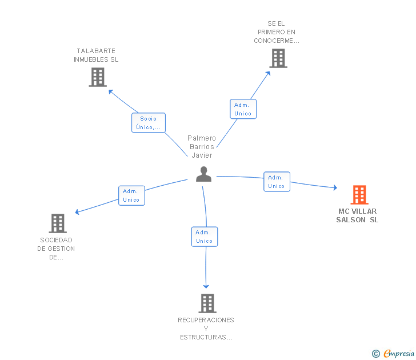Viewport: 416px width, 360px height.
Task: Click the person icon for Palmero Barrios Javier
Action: [203, 174]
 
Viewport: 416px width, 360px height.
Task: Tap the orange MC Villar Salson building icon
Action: [359, 195]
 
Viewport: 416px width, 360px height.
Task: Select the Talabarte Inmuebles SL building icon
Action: [98, 77]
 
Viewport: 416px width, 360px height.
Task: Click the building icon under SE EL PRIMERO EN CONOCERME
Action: [278, 58]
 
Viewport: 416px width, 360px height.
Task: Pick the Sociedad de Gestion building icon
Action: [57, 223]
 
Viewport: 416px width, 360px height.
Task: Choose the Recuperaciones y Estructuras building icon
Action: [207, 303]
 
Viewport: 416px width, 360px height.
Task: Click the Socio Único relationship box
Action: [149, 123]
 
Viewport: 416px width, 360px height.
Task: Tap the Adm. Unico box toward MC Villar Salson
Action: [277, 182]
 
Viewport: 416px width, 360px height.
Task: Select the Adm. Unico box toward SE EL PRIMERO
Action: [243, 109]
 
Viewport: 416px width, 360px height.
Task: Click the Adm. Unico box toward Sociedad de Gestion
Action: [131, 195]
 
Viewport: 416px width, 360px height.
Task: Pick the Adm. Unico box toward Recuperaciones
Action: [204, 237]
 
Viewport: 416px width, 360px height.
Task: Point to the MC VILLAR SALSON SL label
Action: [357, 215]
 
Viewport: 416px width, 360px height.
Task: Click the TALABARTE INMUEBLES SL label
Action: [96, 55]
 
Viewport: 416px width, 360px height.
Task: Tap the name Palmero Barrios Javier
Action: [202, 146]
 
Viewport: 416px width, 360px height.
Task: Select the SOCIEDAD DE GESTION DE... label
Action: [56, 249]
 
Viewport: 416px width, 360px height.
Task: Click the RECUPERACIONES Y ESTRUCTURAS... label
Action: [206, 329]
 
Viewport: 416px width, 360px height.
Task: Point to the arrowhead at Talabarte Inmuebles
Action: [110, 91]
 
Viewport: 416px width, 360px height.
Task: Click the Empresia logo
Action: [399, 354]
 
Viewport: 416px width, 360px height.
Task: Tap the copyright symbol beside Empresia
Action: [375, 354]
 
